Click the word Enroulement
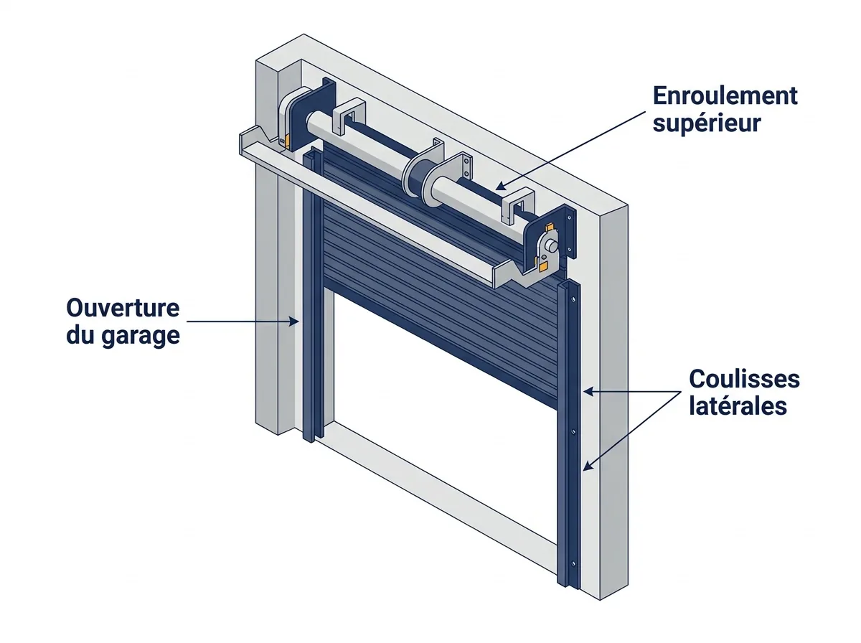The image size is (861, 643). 725,96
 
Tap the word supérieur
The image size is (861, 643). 707,123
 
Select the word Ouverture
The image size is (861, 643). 123,308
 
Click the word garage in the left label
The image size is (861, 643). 141,337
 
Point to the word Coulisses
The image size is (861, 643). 744,379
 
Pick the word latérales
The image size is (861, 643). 738,405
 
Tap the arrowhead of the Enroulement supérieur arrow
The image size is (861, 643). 501,186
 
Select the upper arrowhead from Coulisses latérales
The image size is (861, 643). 589,391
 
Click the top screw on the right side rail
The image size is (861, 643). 573,300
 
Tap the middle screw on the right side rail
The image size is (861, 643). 573,431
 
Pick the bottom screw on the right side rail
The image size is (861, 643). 573,564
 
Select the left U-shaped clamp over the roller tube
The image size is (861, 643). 348,116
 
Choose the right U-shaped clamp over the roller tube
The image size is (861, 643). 518,206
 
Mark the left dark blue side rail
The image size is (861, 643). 314,295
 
